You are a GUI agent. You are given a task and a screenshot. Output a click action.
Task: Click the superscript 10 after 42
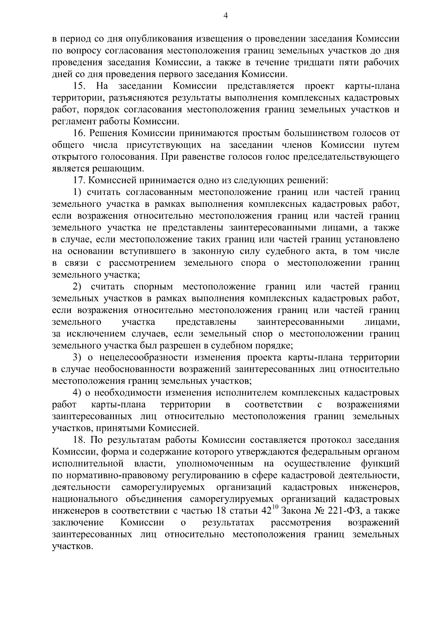(275, 508)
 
